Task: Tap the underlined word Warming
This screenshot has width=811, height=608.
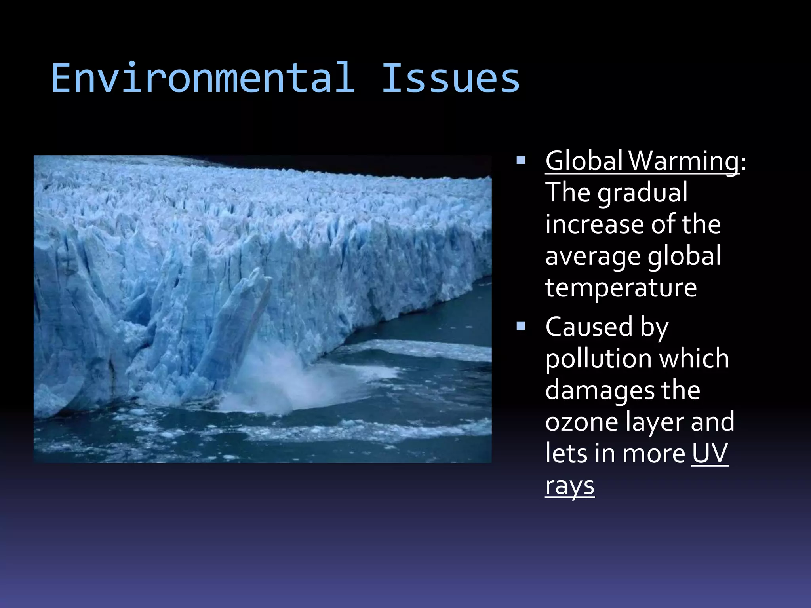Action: [x=683, y=161]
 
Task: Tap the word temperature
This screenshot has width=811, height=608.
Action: [x=621, y=288]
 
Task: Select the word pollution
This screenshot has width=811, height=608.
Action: [x=597, y=359]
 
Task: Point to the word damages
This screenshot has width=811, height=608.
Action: [x=600, y=391]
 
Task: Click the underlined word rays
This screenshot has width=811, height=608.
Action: [x=569, y=486]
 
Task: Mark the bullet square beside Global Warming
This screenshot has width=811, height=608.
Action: [x=521, y=160]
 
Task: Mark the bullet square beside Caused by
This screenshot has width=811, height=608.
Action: [x=521, y=326]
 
